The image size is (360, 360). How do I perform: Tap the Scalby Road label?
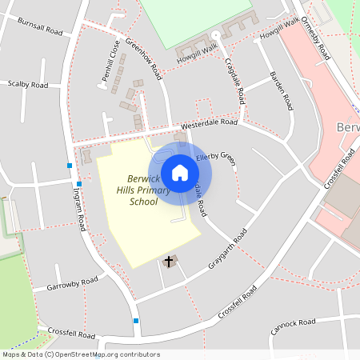28,84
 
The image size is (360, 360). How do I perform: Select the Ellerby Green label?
216,158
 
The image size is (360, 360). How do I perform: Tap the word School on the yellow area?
143,202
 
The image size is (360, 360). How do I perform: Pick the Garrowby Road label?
72,283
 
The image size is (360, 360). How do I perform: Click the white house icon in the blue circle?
180,173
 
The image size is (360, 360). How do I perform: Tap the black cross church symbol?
169,262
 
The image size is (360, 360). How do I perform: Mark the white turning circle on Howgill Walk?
214,35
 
